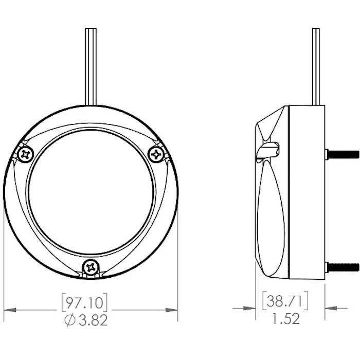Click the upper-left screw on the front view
tap(26, 155)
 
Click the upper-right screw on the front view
tap(156, 154)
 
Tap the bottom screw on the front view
tap(91, 267)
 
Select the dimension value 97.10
tap(84, 303)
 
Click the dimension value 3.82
tap(93, 320)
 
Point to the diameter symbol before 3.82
tap(70, 320)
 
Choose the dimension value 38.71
tap(285, 301)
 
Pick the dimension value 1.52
tap(286, 318)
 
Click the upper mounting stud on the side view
tap(342, 154)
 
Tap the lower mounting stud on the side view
tap(342, 267)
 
